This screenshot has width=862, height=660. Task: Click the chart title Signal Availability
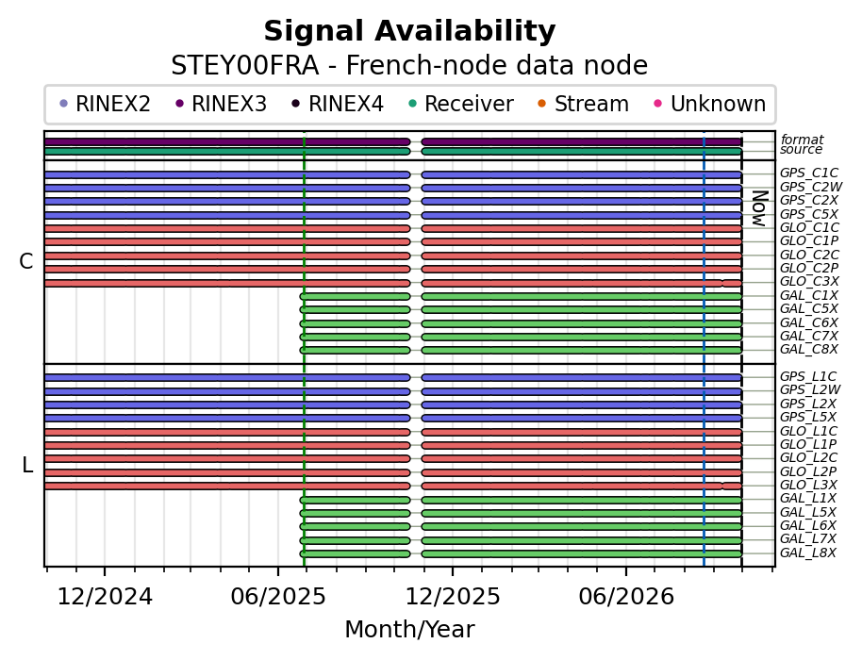click(409, 31)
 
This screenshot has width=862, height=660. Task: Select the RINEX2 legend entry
click(105, 104)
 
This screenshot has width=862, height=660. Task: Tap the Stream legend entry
click(583, 104)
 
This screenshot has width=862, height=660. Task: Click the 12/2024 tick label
click(105, 596)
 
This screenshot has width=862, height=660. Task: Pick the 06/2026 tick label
click(626, 596)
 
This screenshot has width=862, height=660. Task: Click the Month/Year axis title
click(409, 630)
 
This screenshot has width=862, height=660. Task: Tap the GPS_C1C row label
click(808, 173)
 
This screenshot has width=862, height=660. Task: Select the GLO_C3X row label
click(809, 281)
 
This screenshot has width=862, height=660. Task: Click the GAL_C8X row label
click(808, 349)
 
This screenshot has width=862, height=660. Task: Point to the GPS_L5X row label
click(808, 417)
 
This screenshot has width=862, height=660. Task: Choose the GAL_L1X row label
click(807, 499)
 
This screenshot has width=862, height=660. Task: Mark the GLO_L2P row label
click(808, 471)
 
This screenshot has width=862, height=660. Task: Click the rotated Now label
click(759, 208)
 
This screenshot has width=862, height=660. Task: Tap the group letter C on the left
click(25, 261)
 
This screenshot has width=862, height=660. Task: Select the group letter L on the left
click(27, 466)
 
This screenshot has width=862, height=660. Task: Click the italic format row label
click(802, 140)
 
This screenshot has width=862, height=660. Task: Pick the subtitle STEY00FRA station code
click(244, 65)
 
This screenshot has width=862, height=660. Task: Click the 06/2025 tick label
click(278, 596)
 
